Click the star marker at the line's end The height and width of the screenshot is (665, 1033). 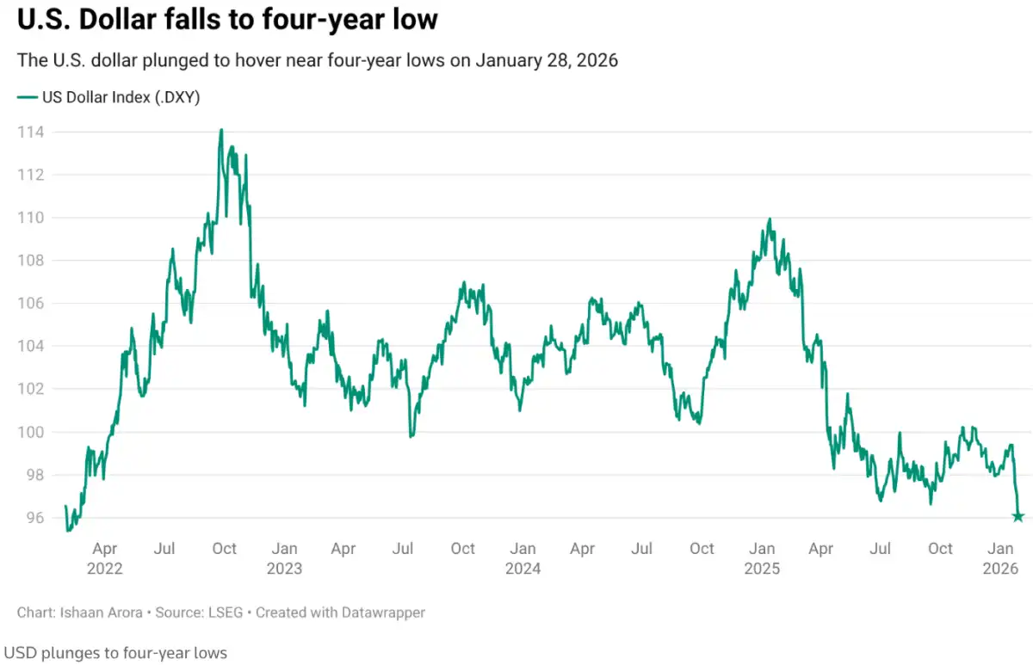pyautogui.click(x=1018, y=516)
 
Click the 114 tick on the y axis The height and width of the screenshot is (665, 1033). pyautogui.click(x=30, y=132)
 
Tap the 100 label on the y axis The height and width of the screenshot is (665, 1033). pyautogui.click(x=30, y=432)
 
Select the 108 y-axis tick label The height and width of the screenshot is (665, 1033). pyautogui.click(x=30, y=260)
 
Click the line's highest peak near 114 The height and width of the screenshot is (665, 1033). pyautogui.click(x=221, y=130)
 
